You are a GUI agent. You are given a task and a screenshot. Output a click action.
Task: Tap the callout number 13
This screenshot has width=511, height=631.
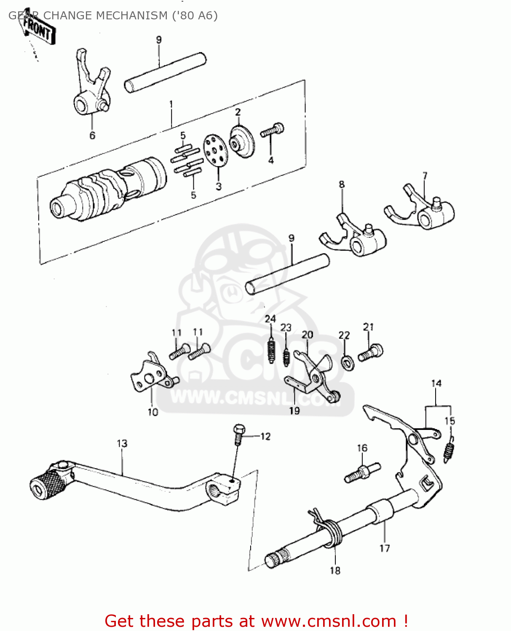[122, 443]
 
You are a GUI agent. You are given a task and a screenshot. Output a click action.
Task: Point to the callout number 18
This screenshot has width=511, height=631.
[335, 570]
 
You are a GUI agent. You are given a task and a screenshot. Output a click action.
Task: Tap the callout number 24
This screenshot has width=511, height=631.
[270, 319]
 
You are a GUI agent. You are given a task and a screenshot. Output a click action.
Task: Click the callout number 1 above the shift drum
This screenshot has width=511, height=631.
[171, 103]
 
